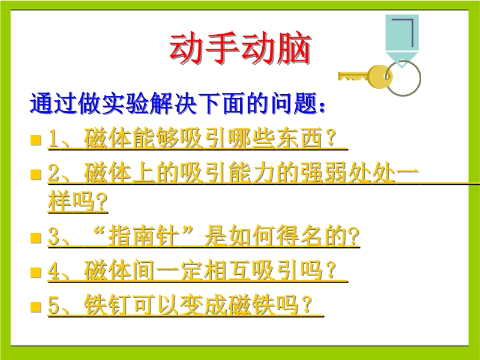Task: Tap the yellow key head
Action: [380, 77]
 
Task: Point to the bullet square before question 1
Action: [36, 140]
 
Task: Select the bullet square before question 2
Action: [36, 175]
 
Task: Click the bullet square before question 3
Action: [36, 238]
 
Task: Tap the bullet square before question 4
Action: [36, 272]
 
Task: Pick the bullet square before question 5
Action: [36, 307]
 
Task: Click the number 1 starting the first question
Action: [54, 139]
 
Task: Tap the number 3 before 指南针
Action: [54, 236]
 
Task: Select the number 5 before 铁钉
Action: [54, 305]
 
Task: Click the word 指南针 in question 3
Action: [144, 236]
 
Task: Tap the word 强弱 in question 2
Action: [324, 173]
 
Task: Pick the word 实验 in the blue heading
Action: [125, 103]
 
